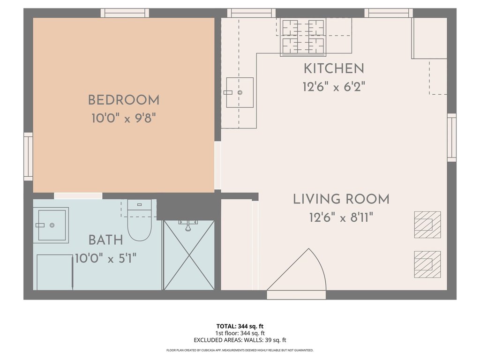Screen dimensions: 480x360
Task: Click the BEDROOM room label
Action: pos(124,100)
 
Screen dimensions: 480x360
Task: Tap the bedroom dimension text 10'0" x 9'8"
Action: pos(124,118)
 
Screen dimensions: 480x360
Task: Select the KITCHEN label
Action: pos(334,68)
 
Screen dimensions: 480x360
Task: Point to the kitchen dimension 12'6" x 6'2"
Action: pos(334,87)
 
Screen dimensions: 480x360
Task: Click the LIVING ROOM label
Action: pos(341,199)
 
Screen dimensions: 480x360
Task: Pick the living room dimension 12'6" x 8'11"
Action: pos(341,217)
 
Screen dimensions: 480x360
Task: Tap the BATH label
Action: pos(105,240)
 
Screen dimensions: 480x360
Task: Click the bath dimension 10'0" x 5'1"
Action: pos(105,259)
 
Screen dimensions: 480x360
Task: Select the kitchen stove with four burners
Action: pos(303,37)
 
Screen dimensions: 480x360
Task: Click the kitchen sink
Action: pos(240,92)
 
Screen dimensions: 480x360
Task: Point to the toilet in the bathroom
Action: pos(139,220)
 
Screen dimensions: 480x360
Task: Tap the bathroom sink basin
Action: pos(51,225)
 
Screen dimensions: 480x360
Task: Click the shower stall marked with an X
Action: pos(189,255)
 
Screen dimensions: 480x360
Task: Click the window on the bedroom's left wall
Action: pos(28,157)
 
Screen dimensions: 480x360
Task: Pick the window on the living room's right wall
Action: pos(452,137)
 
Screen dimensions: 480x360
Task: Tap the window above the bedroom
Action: pos(125,13)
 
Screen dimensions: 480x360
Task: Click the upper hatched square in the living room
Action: pos(427,225)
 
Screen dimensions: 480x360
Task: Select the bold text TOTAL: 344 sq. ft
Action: pos(240,326)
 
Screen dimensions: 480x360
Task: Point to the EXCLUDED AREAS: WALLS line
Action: pos(240,340)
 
